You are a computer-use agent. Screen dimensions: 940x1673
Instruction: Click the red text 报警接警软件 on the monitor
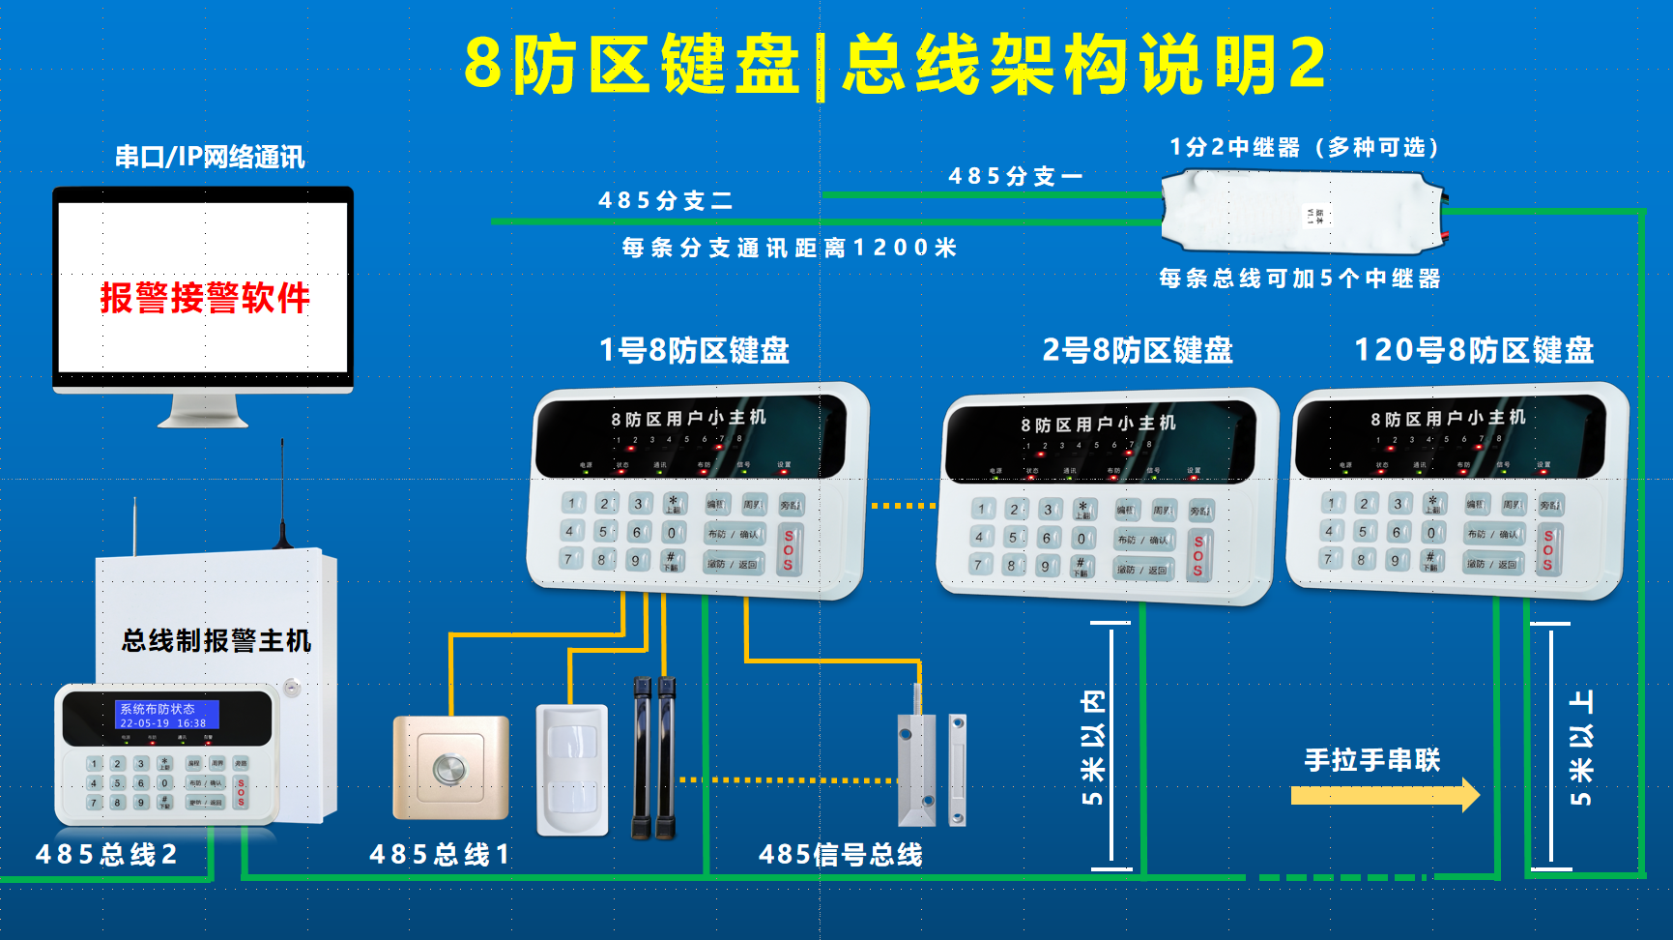click(x=204, y=297)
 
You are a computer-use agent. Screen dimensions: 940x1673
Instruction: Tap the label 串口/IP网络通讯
click(x=210, y=157)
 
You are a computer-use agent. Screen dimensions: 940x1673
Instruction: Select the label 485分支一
click(x=1015, y=176)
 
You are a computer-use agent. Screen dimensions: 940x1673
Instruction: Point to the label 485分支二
click(x=665, y=200)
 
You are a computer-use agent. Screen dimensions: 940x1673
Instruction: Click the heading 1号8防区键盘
click(x=694, y=350)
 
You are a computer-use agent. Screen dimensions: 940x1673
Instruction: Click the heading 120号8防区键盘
click(x=1473, y=350)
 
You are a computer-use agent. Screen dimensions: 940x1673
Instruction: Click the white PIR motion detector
click(x=572, y=770)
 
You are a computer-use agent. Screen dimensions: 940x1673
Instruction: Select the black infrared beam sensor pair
click(x=654, y=758)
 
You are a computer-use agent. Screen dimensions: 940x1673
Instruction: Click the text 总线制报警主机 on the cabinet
click(x=216, y=640)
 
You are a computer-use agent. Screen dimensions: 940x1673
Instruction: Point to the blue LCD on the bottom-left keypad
click(x=166, y=716)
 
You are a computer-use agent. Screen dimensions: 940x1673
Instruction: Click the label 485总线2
click(x=106, y=854)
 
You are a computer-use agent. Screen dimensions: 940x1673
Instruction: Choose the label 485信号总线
click(x=840, y=854)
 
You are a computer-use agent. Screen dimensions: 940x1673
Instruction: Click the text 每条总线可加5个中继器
click(x=1299, y=279)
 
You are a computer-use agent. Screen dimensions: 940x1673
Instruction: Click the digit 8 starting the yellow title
click(x=482, y=64)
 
